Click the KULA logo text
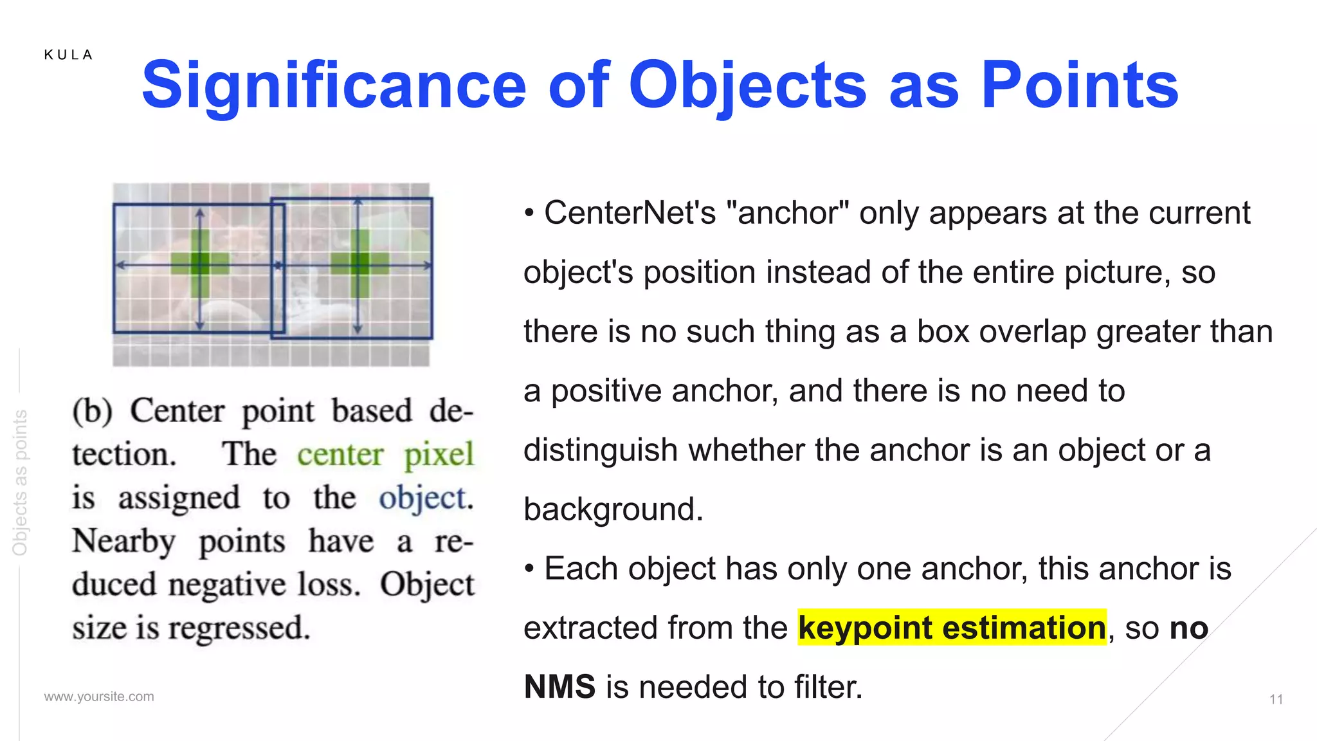[x=69, y=55]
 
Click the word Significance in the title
[x=334, y=85]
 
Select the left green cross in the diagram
[x=200, y=263]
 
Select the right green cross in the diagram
[x=359, y=263]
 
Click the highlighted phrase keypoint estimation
[x=952, y=628]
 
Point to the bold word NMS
[x=559, y=687]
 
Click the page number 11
[x=1276, y=699]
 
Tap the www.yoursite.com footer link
[x=99, y=697]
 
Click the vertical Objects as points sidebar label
[x=21, y=482]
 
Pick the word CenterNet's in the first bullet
[x=630, y=213]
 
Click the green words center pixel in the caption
[x=385, y=455]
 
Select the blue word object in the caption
[x=424, y=499]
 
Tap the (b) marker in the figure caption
[x=92, y=411]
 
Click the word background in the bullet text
[x=612, y=509]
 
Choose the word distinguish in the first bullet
[x=600, y=450]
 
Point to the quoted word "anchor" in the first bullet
[x=786, y=213]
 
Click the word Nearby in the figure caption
[x=123, y=542]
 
